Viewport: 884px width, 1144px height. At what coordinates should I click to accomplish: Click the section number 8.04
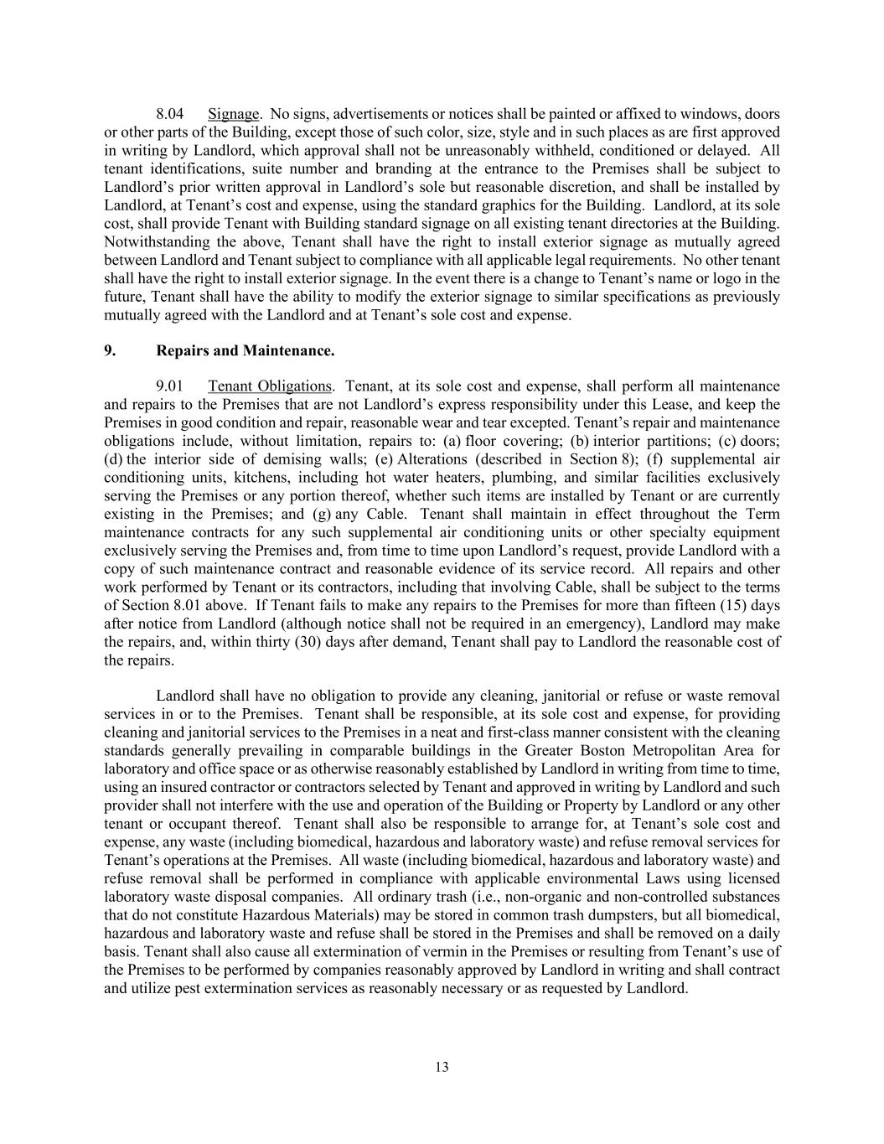click(169, 114)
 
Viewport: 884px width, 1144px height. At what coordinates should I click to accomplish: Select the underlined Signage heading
click(233, 114)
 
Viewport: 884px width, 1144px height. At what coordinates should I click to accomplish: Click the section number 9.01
click(169, 386)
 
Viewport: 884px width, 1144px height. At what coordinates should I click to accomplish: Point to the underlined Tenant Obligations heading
click(269, 386)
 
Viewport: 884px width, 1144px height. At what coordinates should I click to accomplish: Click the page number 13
click(442, 1067)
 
